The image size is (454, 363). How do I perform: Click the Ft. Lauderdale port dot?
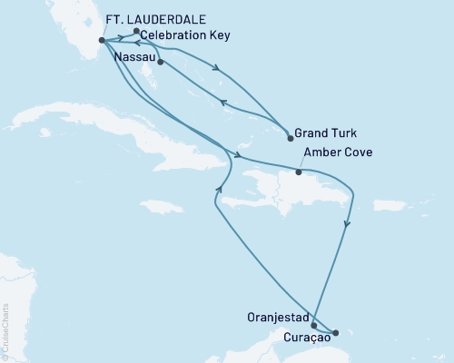(x=102, y=39)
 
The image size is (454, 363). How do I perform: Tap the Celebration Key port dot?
(x=136, y=32)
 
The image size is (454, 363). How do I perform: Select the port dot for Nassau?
(x=160, y=62)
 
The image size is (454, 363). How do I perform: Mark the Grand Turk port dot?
(x=289, y=138)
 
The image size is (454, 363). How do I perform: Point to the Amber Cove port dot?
(x=298, y=171)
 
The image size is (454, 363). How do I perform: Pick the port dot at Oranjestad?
(x=314, y=325)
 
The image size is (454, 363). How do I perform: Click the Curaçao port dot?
(x=334, y=333)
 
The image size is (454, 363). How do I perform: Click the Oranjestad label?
(x=276, y=319)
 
